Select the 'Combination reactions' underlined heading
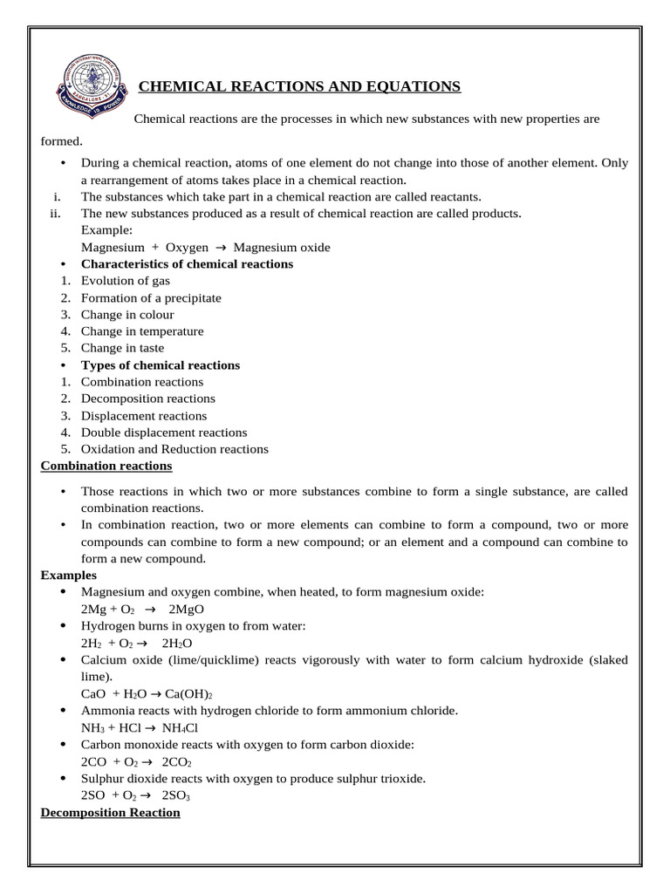point(106,467)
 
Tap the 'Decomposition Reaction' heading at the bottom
point(111,812)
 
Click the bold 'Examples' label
point(69,576)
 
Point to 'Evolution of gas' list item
point(125,281)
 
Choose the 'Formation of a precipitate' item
point(151,298)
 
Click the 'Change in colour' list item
point(127,315)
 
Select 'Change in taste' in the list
point(122,348)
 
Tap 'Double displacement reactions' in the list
point(164,433)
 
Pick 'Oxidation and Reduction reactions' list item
point(174,449)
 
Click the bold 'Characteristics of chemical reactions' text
point(187,264)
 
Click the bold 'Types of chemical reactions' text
point(161,365)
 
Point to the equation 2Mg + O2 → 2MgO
point(142,610)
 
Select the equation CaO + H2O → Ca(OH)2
point(148,694)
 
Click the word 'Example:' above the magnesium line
point(106,230)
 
